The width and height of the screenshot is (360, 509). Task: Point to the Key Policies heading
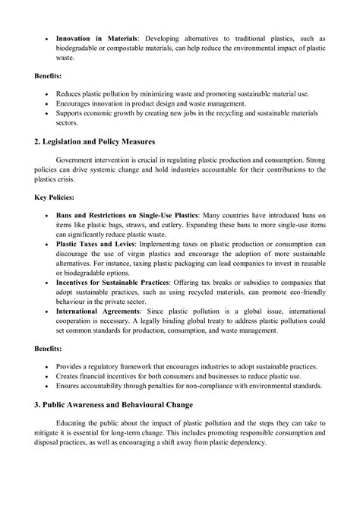tap(54, 197)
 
